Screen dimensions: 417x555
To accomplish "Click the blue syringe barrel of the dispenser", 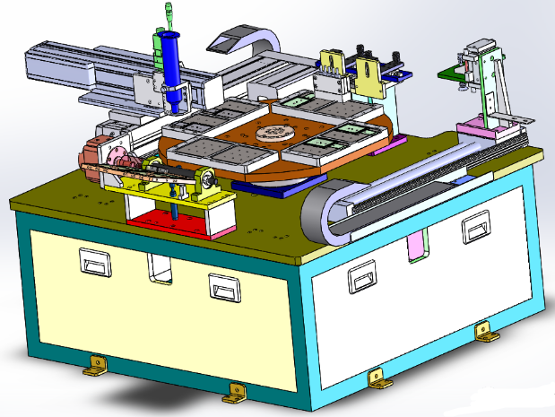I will click(x=168, y=56).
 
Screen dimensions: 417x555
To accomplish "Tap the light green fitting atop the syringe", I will click(x=170, y=13).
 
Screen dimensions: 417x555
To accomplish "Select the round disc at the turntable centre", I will click(x=273, y=134).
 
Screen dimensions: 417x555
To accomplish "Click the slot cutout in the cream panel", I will click(x=159, y=267).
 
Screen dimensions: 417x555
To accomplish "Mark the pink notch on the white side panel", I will click(x=416, y=248).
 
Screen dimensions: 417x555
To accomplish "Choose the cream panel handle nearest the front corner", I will click(x=225, y=287).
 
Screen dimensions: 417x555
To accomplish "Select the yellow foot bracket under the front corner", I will click(x=236, y=390).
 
